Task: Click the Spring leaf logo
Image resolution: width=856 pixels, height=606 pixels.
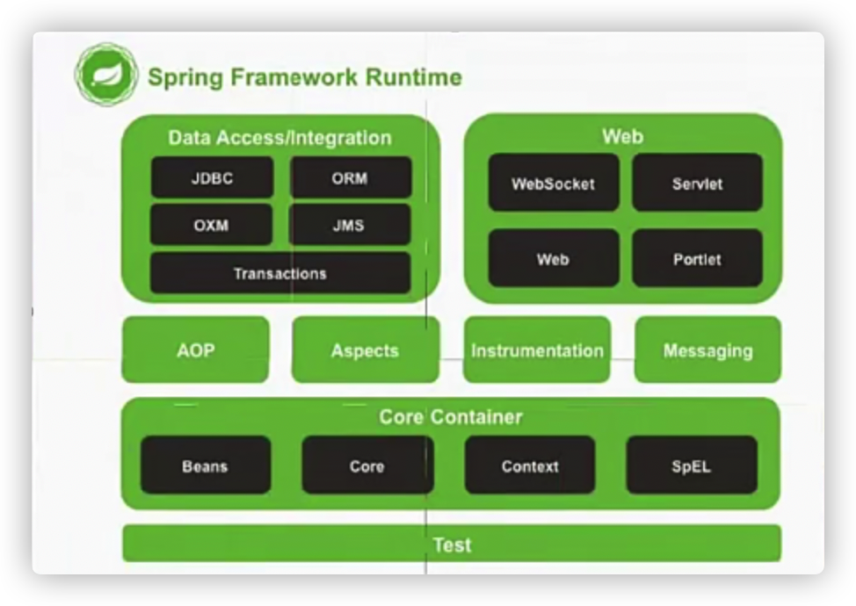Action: coord(106,76)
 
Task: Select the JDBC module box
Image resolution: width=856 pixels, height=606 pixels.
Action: coord(212,178)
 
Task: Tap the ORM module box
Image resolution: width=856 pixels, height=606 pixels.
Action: coord(350,178)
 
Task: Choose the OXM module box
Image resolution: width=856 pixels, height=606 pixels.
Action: coord(211,225)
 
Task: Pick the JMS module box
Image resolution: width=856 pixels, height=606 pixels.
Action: coord(350,225)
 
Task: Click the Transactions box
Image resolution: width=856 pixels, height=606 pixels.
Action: coord(279,273)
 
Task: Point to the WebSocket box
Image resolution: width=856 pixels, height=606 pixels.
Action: coord(553,184)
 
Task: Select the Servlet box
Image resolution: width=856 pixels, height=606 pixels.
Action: coord(697,184)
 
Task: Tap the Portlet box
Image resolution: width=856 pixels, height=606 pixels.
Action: coord(697,259)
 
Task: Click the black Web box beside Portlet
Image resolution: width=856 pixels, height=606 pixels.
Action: coord(553,259)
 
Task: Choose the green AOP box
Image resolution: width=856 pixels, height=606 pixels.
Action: coord(195,350)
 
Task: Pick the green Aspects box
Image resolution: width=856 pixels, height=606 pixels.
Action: coord(365,350)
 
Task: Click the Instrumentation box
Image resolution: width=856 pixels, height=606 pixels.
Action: coord(537,350)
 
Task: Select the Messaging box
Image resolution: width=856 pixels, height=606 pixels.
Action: coord(707,350)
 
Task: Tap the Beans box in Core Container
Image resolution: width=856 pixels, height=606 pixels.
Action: coord(205,465)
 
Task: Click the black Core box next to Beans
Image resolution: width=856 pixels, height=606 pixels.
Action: coord(367,465)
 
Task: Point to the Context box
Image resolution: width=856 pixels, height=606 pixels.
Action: coord(530,465)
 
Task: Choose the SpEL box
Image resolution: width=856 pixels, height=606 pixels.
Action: coord(692,465)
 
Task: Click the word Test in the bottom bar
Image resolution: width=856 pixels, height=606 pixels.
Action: coord(452,545)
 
